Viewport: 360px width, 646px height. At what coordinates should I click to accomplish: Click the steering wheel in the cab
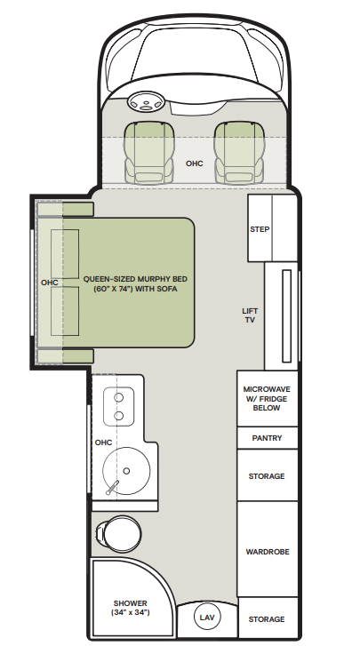click(x=146, y=102)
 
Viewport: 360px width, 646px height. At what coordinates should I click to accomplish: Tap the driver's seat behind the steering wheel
click(x=149, y=153)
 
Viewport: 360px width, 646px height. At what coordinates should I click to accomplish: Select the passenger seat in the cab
click(x=238, y=153)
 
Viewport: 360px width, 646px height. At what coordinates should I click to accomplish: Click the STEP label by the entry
click(x=260, y=229)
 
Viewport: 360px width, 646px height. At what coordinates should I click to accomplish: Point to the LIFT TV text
click(x=250, y=315)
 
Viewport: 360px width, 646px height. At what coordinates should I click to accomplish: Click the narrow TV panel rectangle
click(x=287, y=316)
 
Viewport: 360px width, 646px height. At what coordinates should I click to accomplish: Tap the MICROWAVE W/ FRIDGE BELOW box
click(x=267, y=398)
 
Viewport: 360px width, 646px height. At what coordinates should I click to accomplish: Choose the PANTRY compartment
click(x=267, y=438)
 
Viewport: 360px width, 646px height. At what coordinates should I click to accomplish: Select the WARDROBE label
click(x=268, y=552)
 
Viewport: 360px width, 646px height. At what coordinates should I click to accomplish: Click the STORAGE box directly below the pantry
click(x=267, y=475)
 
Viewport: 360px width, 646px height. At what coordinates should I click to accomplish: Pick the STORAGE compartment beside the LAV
click(x=268, y=618)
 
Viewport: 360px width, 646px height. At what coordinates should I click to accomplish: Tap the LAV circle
click(x=207, y=617)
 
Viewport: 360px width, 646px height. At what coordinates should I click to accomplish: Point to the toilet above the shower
click(x=118, y=533)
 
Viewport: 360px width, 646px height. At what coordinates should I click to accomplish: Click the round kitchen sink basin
click(x=126, y=471)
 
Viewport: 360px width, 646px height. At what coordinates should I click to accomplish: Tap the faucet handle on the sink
click(x=113, y=488)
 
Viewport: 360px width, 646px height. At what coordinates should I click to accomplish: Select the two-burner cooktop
click(x=118, y=406)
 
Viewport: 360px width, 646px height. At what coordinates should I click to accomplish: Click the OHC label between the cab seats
click(x=195, y=163)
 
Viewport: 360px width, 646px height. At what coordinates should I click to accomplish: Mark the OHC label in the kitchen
click(x=103, y=443)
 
